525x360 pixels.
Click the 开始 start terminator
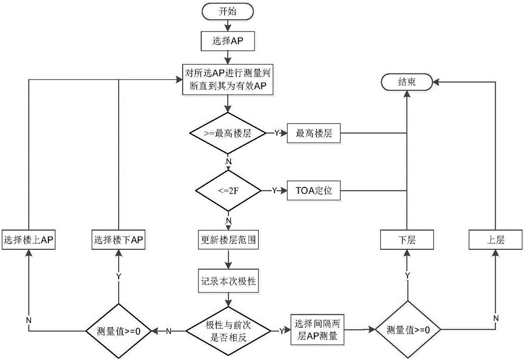tap(228, 12)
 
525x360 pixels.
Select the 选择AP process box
tap(228, 41)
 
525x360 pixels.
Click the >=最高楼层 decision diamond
tap(228, 133)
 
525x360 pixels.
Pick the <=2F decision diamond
tap(228, 190)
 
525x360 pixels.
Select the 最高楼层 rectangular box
tap(314, 133)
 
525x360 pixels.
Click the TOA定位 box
tap(314, 190)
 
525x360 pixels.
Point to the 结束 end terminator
tap(407, 82)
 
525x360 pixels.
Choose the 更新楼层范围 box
tap(228, 240)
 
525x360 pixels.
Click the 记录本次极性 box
tap(228, 281)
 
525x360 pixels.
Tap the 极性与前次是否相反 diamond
tap(228, 331)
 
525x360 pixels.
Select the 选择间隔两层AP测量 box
tap(317, 330)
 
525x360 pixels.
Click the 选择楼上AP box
tap(28, 239)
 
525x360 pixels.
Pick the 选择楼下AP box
tap(119, 239)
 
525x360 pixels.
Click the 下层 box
tap(407, 239)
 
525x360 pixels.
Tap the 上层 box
tap(496, 239)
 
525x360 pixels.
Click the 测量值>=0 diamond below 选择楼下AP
tap(119, 331)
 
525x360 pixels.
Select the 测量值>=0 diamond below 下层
tap(407, 330)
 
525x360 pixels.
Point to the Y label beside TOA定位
tap(275, 190)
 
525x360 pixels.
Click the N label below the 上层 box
tap(496, 318)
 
